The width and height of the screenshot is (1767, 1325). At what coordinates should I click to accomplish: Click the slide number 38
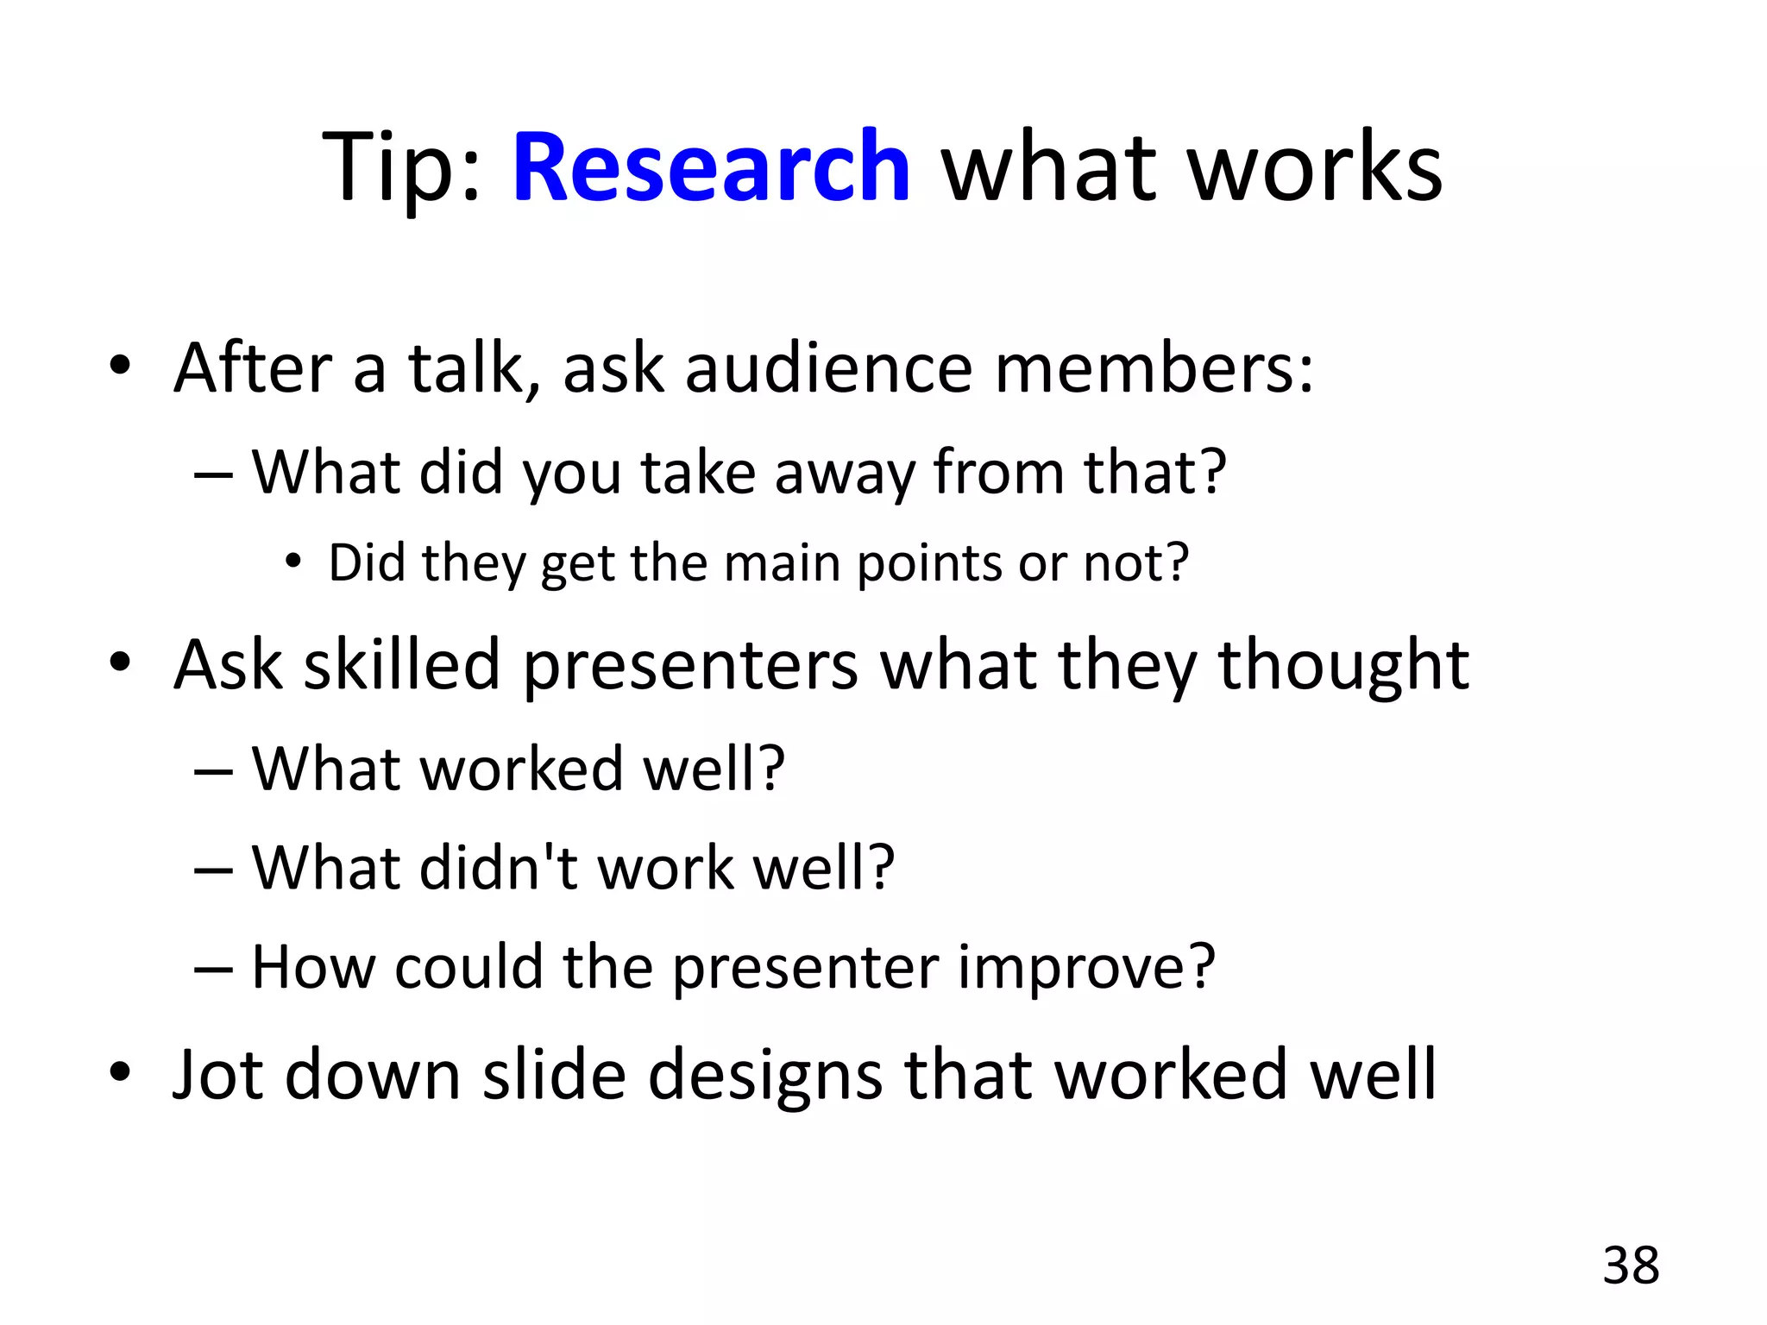point(1631,1266)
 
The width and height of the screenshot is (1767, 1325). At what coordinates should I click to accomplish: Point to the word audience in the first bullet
point(829,368)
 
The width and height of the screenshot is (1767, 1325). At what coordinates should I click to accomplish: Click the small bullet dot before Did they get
point(293,562)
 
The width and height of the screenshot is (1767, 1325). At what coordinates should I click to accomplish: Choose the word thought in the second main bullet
point(1343,666)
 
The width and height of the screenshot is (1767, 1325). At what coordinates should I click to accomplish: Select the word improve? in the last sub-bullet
point(1086,967)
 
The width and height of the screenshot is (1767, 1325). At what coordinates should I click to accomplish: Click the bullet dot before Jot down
point(120,1072)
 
